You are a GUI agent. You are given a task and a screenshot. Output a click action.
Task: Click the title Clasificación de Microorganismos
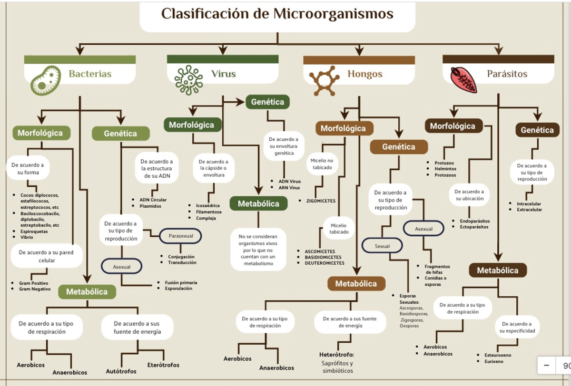[277, 14]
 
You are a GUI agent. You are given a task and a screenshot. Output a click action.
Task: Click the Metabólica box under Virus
[258, 203]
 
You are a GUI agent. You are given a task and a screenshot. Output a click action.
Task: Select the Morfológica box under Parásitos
[453, 126]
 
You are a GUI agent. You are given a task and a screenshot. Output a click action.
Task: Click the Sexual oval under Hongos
[382, 246]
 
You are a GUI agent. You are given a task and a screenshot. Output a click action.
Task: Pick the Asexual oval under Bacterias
[121, 267]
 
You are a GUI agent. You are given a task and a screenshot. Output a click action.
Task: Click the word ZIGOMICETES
[321, 201]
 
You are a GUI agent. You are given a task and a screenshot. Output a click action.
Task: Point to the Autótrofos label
[121, 371]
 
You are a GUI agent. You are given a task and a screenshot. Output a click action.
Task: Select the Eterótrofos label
[163, 365]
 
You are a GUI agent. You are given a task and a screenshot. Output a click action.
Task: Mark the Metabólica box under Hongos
[356, 284]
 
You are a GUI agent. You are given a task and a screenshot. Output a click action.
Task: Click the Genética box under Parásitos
[537, 130]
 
